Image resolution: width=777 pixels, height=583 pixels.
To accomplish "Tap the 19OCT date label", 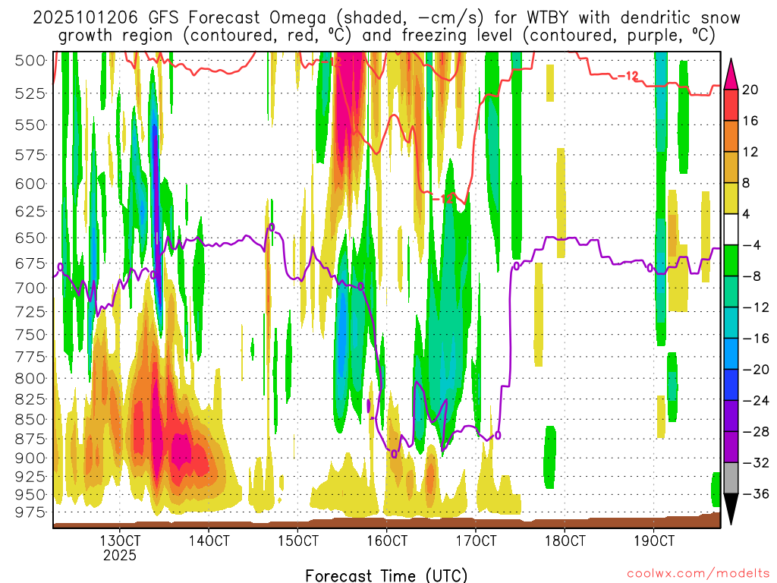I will pos(654,541).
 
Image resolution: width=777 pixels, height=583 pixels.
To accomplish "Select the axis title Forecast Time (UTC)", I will pos(386,575).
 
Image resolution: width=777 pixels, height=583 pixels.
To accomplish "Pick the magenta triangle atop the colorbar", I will pos(731,73).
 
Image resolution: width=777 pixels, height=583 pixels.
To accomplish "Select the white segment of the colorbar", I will pos(731,229).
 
